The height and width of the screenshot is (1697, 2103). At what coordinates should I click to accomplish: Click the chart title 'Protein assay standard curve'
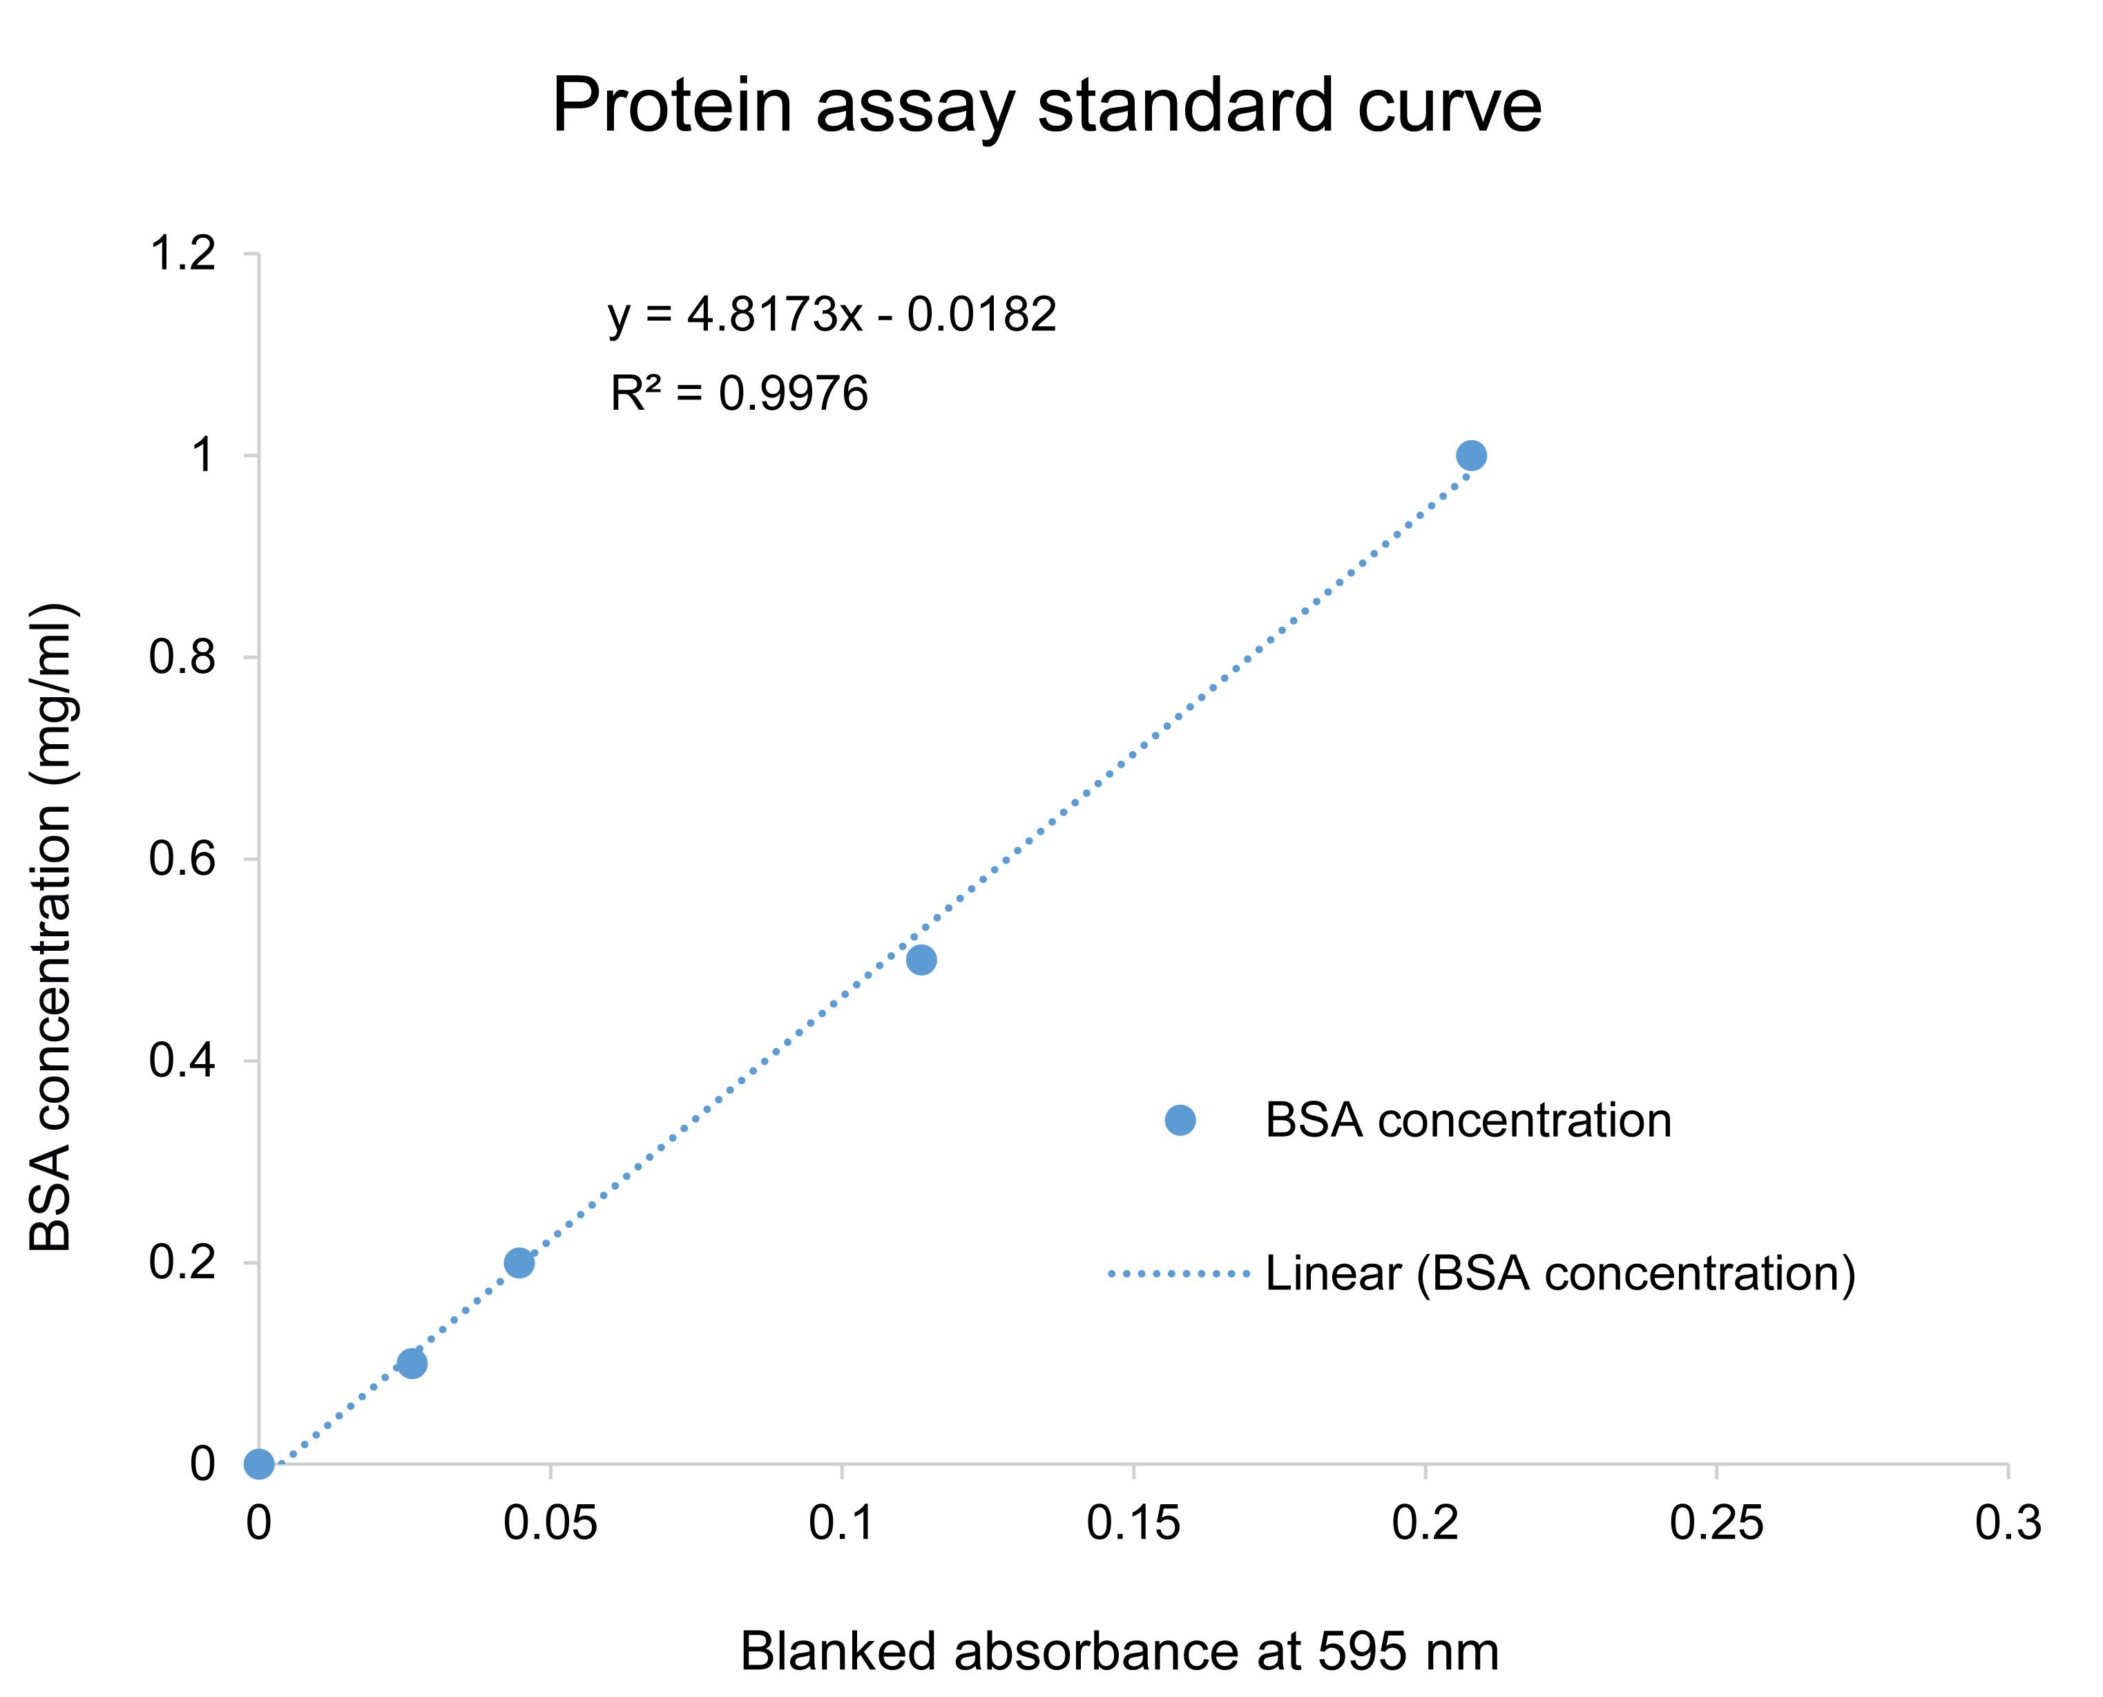click(1046, 106)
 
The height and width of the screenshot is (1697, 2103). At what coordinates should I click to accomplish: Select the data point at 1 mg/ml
click(1471, 455)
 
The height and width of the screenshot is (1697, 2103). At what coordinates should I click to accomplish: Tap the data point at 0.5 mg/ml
click(921, 960)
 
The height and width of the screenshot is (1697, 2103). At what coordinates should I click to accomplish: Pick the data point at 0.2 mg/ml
click(519, 1263)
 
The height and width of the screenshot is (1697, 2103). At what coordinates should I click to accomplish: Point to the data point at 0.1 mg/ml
click(412, 1364)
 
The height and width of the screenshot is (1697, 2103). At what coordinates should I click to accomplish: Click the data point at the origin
click(259, 1464)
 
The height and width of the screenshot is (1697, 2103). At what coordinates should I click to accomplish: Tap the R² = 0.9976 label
click(739, 394)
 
